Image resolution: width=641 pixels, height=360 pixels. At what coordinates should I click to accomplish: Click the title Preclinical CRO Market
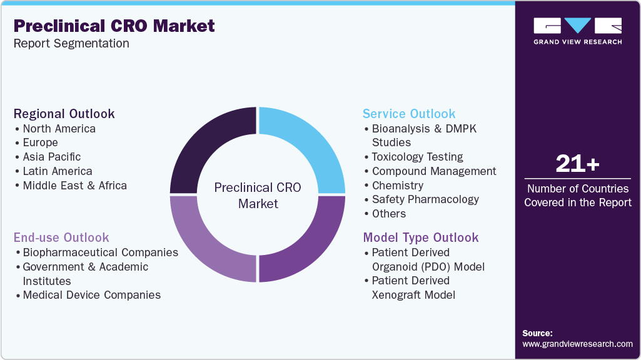pos(114,26)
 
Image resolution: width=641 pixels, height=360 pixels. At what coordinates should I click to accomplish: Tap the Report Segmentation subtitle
pos(71,44)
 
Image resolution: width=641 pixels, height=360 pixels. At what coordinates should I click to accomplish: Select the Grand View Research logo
pos(577,31)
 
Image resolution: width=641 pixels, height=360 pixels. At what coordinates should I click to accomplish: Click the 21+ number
pos(577,164)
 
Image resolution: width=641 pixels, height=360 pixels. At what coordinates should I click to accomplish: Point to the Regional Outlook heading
pos(64,114)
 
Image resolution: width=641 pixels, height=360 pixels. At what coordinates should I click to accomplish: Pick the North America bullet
pos(59,129)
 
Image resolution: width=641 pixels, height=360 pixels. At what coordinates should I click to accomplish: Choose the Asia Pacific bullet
pos(51,157)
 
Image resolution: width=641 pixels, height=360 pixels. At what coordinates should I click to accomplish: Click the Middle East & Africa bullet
pos(74,186)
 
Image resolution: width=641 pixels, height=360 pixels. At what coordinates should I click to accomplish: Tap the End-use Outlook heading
pos(61,237)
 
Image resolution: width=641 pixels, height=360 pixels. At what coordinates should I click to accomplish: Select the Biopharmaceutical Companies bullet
pos(100,252)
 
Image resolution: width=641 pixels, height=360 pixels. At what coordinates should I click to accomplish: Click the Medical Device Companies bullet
pos(91,295)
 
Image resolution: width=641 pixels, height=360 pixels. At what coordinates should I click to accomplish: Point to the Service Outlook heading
pos(409,114)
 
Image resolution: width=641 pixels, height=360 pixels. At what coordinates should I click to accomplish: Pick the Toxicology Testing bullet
pos(417,157)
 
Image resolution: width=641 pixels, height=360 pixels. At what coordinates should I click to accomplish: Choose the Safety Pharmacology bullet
pos(425,199)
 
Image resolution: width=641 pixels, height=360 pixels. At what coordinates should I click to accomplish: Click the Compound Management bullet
pos(433,171)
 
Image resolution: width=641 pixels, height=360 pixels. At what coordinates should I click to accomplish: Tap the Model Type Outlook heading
pos(421,237)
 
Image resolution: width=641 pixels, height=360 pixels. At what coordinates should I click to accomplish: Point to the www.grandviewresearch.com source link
pos(577,344)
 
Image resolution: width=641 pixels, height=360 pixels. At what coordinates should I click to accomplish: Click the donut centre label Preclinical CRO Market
pos(258,195)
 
